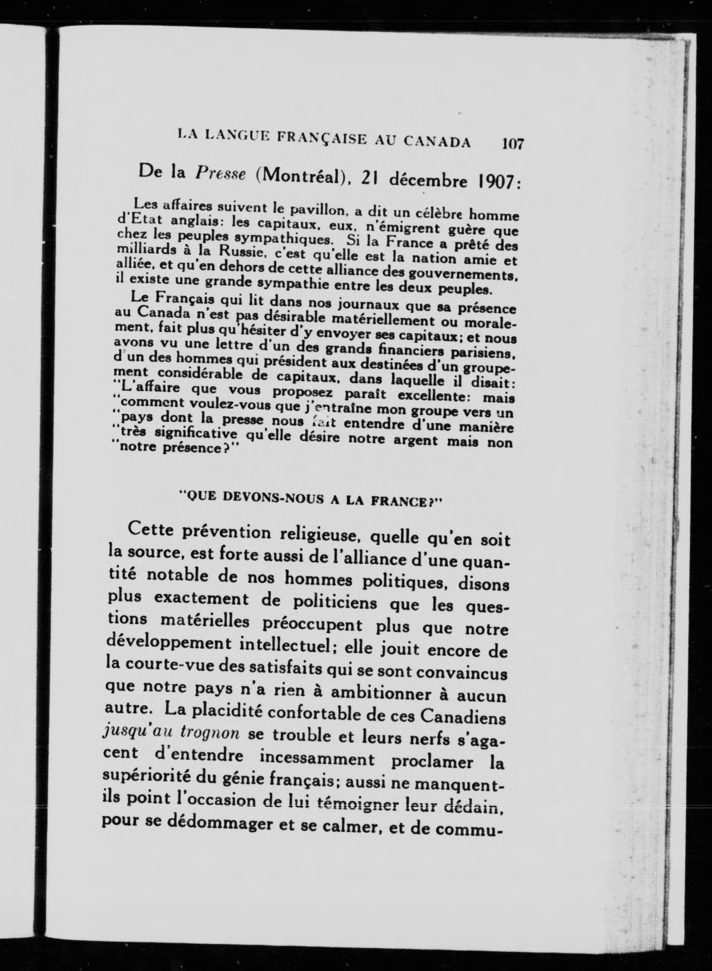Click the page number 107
[x=512, y=143]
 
